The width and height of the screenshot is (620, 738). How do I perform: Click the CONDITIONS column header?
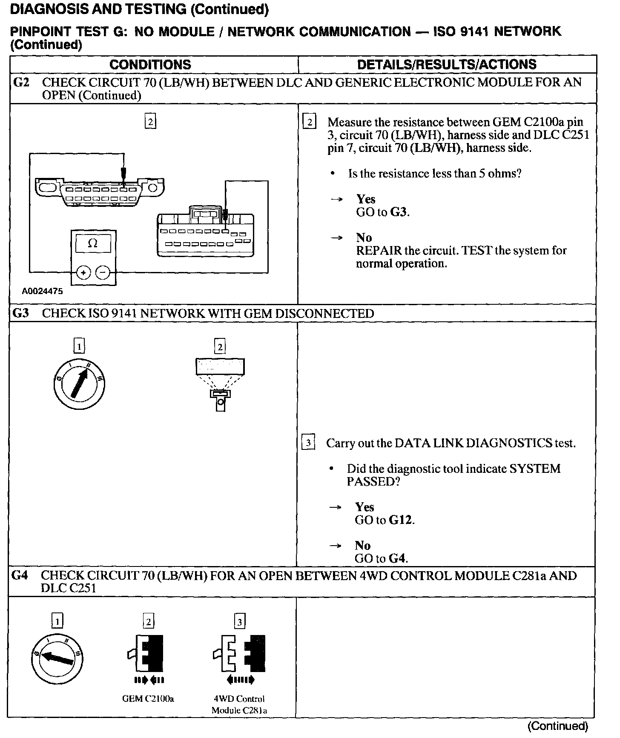tap(150, 65)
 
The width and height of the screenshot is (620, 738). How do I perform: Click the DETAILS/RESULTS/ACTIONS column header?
tap(447, 65)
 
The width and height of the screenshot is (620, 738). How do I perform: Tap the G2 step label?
tap(21, 82)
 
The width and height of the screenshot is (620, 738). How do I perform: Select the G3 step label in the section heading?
tap(20, 314)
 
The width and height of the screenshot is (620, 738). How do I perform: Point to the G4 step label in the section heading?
tap(20, 575)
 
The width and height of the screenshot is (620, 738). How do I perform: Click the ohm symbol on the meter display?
tap(92, 244)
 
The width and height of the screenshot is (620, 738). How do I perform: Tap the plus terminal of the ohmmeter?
tap(83, 272)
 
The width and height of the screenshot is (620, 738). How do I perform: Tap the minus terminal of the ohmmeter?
tap(103, 272)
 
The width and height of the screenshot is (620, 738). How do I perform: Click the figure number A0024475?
tap(42, 292)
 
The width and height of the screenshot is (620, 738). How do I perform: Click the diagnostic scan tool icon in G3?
tap(220, 383)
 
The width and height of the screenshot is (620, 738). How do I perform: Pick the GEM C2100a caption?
tap(148, 698)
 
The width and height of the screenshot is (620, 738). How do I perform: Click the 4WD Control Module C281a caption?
tap(239, 704)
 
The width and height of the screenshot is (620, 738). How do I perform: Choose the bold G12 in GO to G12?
tap(401, 520)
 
